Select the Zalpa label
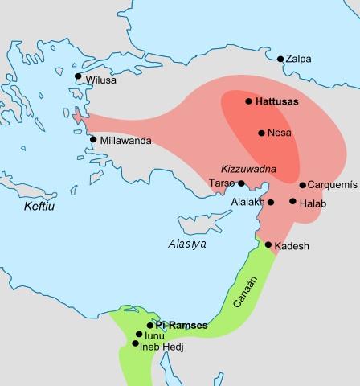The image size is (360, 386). (300, 60)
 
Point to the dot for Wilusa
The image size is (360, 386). (78, 76)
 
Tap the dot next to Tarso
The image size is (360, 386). (241, 183)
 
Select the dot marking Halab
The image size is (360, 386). (292, 201)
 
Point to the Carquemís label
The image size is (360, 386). (329, 185)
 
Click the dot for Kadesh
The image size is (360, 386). (268, 244)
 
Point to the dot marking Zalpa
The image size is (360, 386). (280, 60)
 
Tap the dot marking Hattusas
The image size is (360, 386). (249, 101)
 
